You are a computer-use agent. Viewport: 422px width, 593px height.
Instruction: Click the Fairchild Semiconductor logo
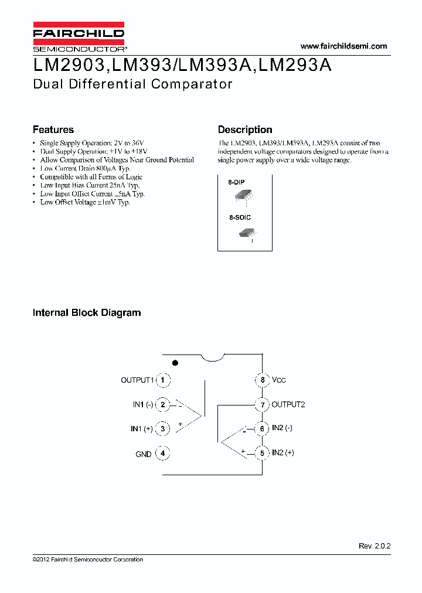pyautogui.click(x=79, y=37)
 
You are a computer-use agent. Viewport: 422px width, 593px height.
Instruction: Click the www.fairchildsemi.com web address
pyautogui.click(x=343, y=46)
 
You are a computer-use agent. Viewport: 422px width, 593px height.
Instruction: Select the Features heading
pyautogui.click(x=53, y=129)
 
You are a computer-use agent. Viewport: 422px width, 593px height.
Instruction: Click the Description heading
pyautogui.click(x=245, y=129)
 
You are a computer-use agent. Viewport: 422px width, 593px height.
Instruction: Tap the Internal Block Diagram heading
pyautogui.click(x=87, y=313)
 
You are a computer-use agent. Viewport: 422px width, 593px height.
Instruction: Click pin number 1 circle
pyautogui.click(x=163, y=380)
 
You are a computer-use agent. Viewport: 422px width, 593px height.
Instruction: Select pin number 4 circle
pyautogui.click(x=163, y=453)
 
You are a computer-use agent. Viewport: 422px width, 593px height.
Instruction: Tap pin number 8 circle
pyautogui.click(x=262, y=380)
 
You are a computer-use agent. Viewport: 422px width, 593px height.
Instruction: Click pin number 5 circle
pyautogui.click(x=262, y=452)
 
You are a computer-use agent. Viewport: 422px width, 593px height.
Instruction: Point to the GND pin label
pyautogui.click(x=144, y=454)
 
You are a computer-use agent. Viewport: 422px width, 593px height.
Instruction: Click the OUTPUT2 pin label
pyautogui.click(x=288, y=404)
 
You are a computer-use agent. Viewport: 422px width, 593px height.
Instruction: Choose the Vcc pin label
pyautogui.click(x=279, y=380)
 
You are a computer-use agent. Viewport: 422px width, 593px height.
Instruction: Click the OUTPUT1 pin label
pyautogui.click(x=137, y=380)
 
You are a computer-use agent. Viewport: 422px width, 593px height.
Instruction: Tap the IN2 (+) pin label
pyautogui.click(x=283, y=452)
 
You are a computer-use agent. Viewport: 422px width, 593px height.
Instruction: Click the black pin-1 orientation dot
pyautogui.click(x=175, y=363)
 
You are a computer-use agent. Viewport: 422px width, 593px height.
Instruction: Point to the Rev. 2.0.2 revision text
pyautogui.click(x=375, y=546)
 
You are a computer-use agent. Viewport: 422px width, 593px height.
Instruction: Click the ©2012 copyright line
pyautogui.click(x=88, y=560)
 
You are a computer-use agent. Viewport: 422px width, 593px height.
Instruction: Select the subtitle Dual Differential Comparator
pyautogui.click(x=133, y=84)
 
